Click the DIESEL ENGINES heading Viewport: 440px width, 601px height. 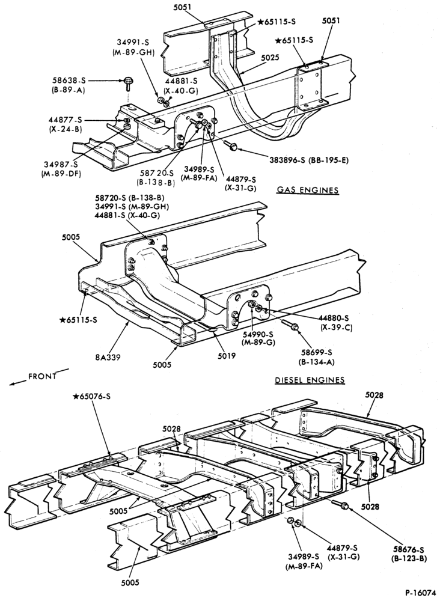tap(310, 380)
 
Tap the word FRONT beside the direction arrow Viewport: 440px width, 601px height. tap(42, 376)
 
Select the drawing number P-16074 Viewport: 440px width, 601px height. tap(420, 591)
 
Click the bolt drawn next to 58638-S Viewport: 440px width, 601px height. tap(127, 83)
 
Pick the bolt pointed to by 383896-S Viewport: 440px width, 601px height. tap(231, 145)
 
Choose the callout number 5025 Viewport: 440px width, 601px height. tap(270, 58)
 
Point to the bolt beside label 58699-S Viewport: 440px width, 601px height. tap(290, 325)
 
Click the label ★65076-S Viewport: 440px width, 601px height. tap(91, 396)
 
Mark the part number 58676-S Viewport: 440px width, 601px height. tap(409, 550)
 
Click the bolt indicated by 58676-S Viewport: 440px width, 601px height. tap(340, 504)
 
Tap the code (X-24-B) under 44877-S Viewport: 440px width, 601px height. tap(66, 129)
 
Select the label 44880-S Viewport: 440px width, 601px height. tap(334, 318)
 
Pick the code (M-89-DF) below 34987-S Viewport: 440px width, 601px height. tap(58, 173)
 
